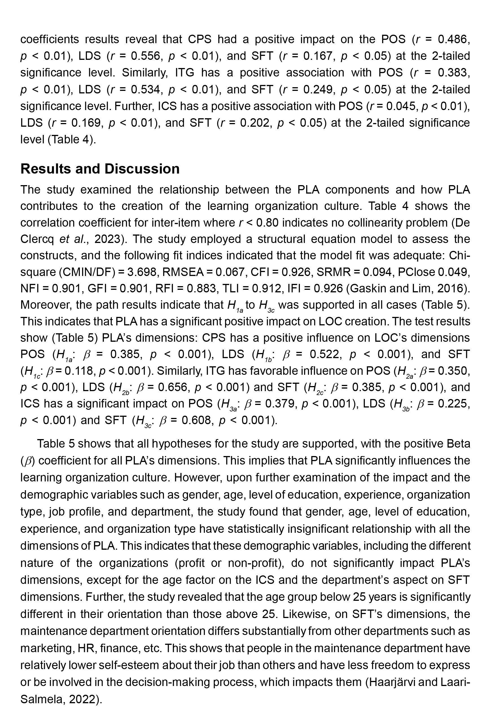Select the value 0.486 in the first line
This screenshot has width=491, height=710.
click(x=454, y=40)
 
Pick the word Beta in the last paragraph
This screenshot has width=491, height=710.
click(x=457, y=444)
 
